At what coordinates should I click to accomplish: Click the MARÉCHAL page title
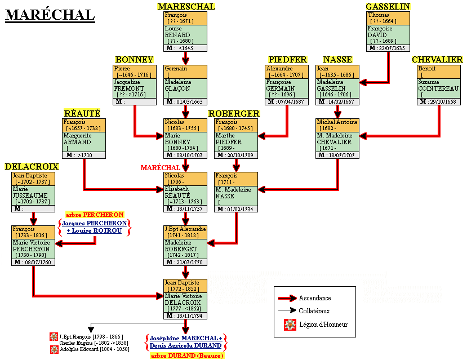tap(50, 15)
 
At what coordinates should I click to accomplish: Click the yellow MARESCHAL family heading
tap(186, 7)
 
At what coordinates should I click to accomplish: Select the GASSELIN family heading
tap(388, 7)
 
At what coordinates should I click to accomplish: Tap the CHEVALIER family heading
tap(437, 60)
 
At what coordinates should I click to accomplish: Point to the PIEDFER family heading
tap(287, 60)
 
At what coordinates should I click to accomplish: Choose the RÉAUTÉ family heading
tap(82, 113)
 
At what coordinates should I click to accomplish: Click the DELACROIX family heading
tap(32, 167)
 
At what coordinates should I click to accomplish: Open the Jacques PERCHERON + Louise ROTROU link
tap(95, 227)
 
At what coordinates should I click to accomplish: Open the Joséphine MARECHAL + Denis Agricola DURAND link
tap(186, 341)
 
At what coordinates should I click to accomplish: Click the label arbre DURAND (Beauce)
tap(186, 355)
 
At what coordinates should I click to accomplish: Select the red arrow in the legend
tap(287, 298)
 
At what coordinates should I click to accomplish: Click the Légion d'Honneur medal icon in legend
tap(290, 324)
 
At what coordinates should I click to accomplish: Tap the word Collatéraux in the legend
tap(314, 310)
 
